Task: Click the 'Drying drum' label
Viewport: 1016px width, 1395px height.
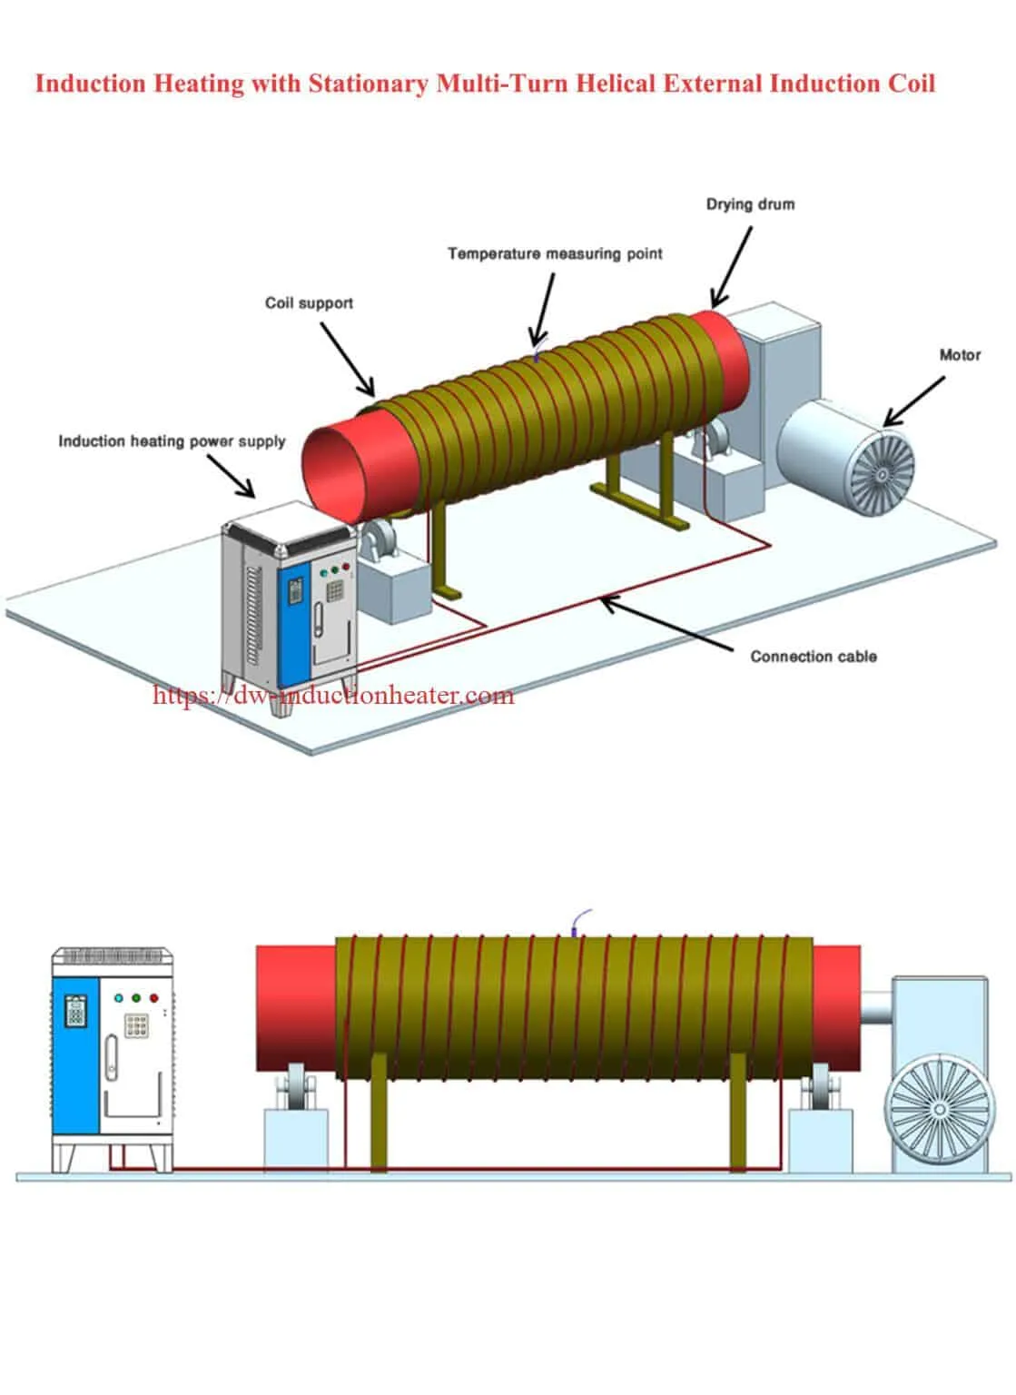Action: click(x=750, y=204)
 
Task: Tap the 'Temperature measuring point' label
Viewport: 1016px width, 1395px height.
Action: click(x=555, y=253)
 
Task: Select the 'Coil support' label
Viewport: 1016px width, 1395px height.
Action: click(x=309, y=302)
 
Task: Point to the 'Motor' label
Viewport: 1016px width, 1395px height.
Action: click(x=960, y=354)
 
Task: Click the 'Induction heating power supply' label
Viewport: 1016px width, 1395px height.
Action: click(x=172, y=441)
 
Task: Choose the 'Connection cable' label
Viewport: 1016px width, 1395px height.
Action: click(x=813, y=656)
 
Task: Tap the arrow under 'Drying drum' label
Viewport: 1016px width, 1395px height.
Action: click(x=732, y=267)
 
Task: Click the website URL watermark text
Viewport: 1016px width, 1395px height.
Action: click(x=333, y=696)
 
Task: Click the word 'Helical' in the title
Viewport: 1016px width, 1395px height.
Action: click(x=617, y=84)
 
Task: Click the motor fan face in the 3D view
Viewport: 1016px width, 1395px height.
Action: click(x=878, y=472)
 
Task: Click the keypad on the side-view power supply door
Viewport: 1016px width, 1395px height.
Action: click(x=136, y=1025)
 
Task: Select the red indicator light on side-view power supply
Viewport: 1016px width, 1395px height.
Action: click(x=153, y=997)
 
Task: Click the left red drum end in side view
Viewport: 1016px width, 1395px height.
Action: click(x=295, y=1008)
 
